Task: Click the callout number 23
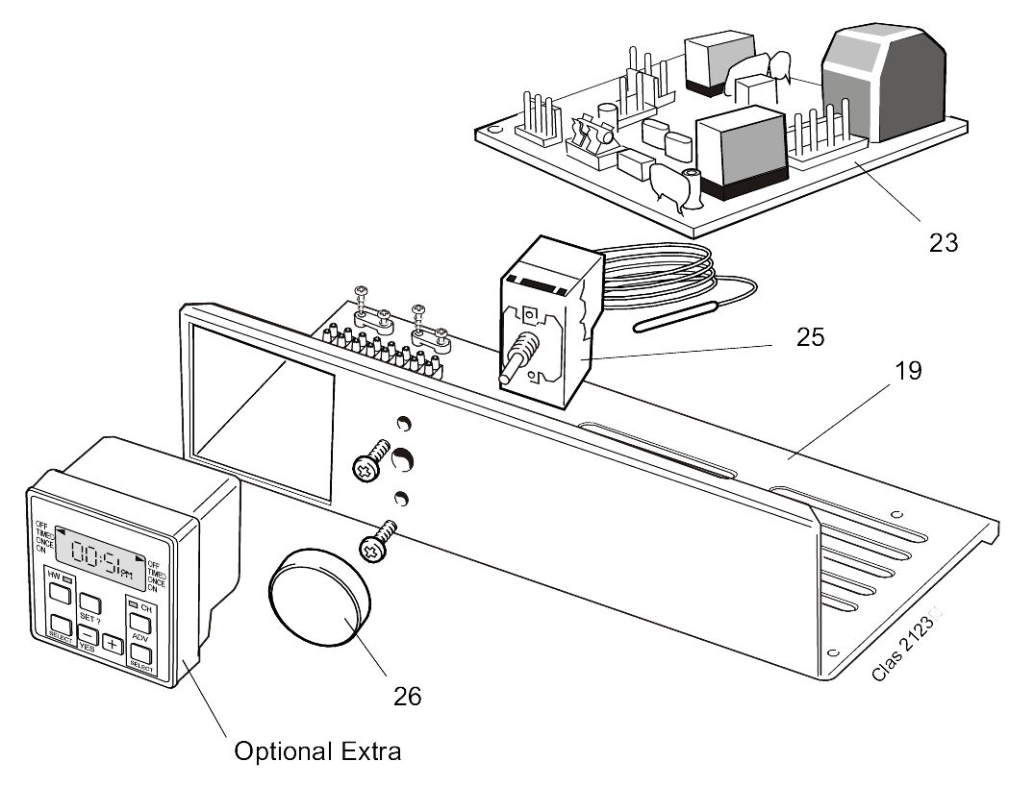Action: tap(944, 242)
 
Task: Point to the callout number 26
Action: tap(408, 696)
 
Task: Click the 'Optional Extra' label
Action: tap(317, 751)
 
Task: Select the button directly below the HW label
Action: tap(60, 594)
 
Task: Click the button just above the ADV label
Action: tap(141, 622)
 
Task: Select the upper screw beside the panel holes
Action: tap(370, 458)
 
